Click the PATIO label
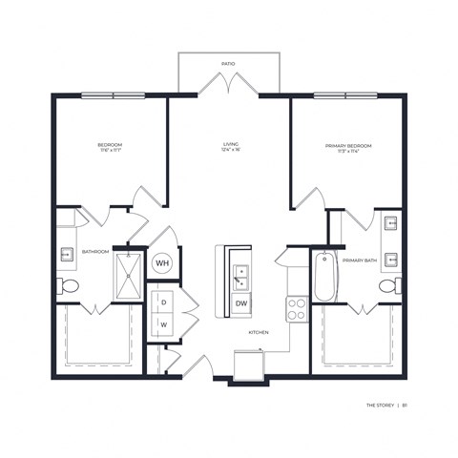[228, 63]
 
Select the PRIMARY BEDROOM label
[347, 145]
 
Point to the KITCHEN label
[259, 332]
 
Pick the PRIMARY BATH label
[359, 260]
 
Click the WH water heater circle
[162, 262]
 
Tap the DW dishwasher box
[240, 303]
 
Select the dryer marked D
[163, 302]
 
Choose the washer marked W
[163, 323]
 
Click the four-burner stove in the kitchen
[297, 308]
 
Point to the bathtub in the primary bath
[324, 274]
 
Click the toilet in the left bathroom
[70, 286]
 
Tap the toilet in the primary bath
[387, 286]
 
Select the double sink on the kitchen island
[240, 277]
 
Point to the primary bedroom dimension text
[347, 153]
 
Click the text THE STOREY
[381, 405]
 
